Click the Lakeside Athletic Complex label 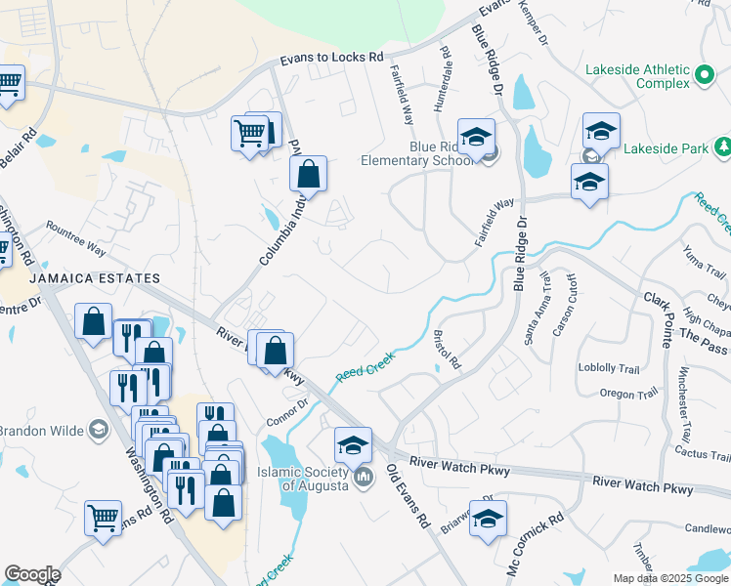[636, 76]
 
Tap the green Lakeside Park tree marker [722, 147]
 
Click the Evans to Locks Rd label [331, 59]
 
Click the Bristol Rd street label [447, 349]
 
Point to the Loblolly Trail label [607, 367]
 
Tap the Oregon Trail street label [628, 394]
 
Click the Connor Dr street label [287, 412]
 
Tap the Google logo [32, 574]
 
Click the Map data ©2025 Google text [669, 578]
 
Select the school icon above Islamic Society [353, 445]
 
